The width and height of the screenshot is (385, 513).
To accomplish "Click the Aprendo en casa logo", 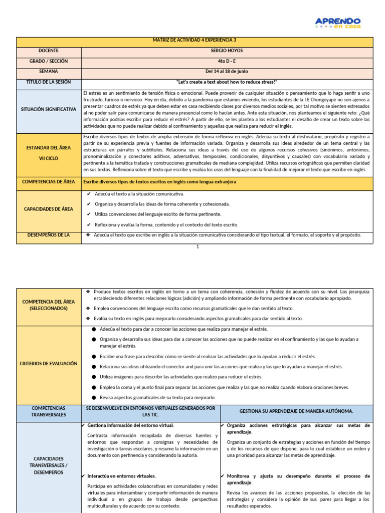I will [337, 23].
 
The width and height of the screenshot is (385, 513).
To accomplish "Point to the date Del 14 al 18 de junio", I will [227, 72].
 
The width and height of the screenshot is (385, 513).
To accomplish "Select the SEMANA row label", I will [49, 72].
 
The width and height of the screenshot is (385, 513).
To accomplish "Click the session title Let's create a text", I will [227, 82].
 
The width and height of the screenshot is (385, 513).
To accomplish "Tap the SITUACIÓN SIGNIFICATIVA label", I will [49, 109].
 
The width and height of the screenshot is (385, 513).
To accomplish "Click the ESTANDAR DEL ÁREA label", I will [49, 147].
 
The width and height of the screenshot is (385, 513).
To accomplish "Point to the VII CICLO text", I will [49, 158].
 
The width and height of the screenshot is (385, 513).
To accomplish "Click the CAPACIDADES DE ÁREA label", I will [49, 209].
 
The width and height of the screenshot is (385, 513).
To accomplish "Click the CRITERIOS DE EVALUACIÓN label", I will [49, 363].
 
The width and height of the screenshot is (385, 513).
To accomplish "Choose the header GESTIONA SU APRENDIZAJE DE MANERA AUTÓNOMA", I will [296, 411].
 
